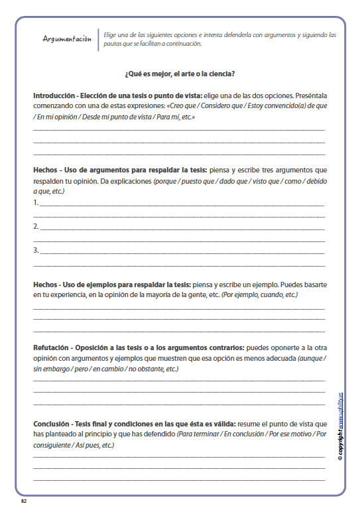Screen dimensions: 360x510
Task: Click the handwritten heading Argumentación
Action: point(66,39)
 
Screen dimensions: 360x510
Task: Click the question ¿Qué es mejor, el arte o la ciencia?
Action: point(180,73)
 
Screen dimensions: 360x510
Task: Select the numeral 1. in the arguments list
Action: point(36,203)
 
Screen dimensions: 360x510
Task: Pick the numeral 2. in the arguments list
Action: point(36,227)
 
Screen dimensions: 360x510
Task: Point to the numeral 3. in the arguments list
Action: point(36,251)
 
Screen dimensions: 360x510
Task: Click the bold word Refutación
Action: point(52,348)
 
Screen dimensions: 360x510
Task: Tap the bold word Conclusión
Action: point(52,424)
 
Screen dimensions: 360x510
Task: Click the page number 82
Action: point(24,500)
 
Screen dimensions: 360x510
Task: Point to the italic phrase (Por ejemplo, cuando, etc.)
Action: point(259,294)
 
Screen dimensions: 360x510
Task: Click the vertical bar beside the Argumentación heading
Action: point(98,39)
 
